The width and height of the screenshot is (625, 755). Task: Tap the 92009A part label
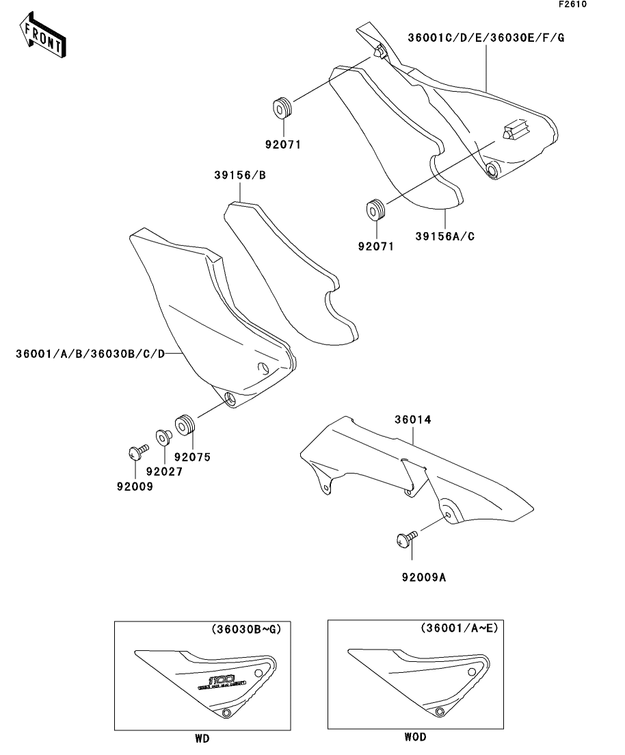click(424, 577)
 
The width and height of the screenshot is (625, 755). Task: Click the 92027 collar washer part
click(163, 436)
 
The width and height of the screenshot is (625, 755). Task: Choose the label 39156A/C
click(445, 236)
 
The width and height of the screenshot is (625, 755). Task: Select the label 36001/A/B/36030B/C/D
click(91, 354)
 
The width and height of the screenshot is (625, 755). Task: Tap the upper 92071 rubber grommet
click(282, 108)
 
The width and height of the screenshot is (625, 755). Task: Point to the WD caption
click(202, 739)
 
